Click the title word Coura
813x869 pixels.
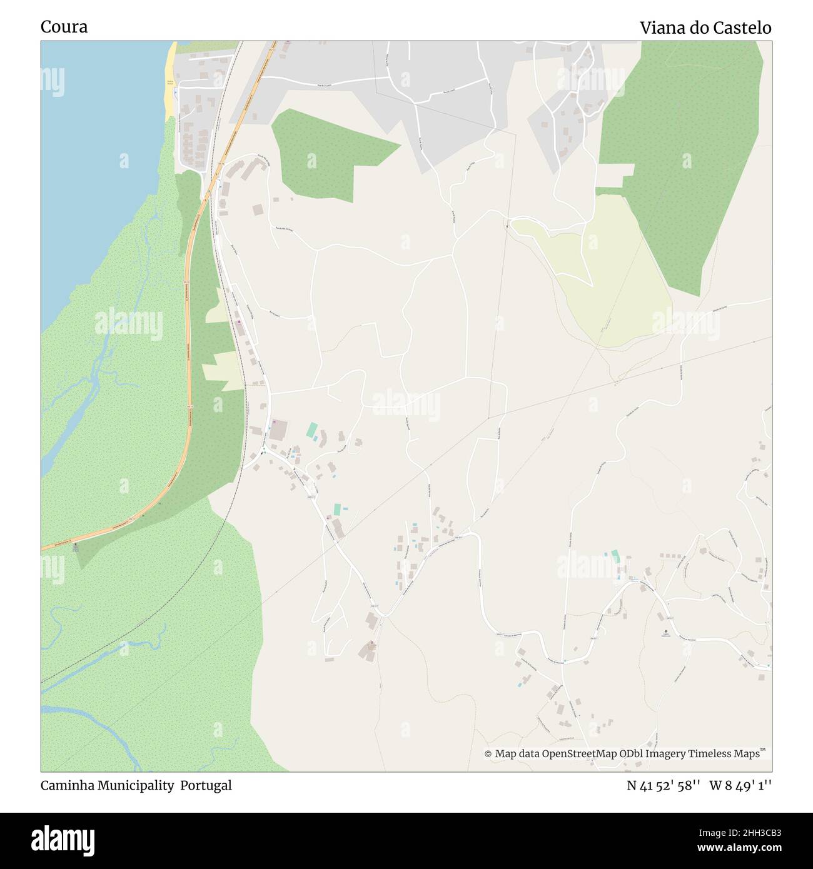click(64, 27)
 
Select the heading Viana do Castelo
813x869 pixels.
click(705, 28)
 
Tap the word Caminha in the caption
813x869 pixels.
click(66, 785)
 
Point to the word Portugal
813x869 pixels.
click(206, 785)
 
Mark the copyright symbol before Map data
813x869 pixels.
click(488, 754)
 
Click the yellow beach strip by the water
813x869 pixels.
click(169, 81)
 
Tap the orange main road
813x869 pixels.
click(188, 350)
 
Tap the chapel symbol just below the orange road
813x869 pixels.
click(76, 545)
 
